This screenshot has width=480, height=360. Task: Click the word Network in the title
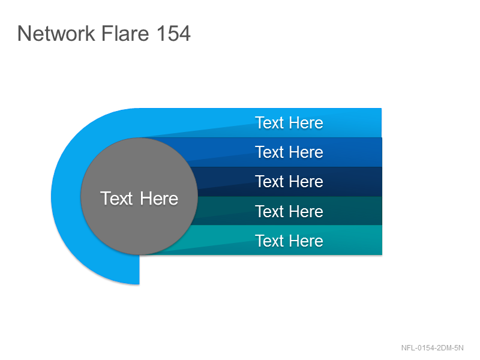click(56, 33)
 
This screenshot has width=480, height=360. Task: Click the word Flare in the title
click(125, 33)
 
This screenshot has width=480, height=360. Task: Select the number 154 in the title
click(173, 33)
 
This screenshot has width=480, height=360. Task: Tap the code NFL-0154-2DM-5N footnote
click(432, 348)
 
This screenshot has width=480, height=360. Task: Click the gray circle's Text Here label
click(139, 199)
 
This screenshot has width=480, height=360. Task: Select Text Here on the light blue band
click(289, 123)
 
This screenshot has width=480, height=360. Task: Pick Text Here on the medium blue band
click(289, 152)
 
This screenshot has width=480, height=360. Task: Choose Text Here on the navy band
click(289, 182)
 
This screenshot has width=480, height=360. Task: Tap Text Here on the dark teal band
click(289, 211)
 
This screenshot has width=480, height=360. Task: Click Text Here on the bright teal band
click(289, 241)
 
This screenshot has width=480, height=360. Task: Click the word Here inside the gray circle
click(159, 199)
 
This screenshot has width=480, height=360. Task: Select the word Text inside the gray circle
click(116, 199)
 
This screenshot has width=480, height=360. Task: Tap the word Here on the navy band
click(306, 182)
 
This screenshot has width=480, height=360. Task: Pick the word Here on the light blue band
click(306, 123)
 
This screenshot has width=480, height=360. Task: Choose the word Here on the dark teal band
click(306, 211)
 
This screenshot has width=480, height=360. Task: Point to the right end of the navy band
click(382, 182)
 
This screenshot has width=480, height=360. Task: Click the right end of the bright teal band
click(382, 240)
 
